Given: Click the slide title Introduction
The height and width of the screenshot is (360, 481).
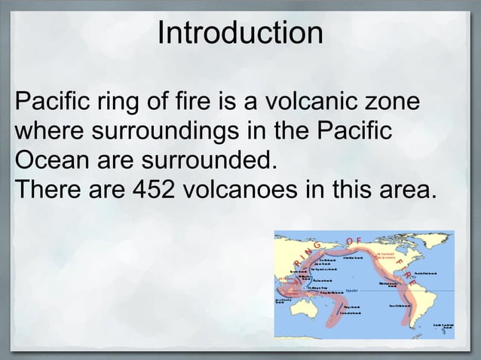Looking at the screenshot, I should tap(240, 34).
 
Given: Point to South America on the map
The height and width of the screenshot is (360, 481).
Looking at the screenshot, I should tap(417, 309).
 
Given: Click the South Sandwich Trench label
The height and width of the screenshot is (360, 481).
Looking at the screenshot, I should tap(444, 325).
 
